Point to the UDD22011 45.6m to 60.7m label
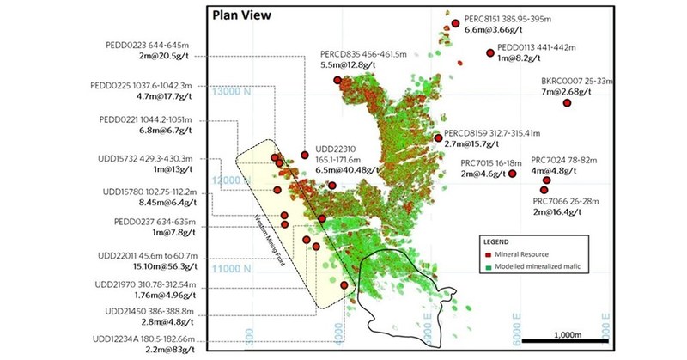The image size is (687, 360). (x=148, y=256)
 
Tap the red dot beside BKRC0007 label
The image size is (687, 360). (x=567, y=103)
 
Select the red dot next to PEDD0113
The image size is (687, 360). (x=491, y=53)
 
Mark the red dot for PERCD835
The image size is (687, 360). (x=338, y=80)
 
